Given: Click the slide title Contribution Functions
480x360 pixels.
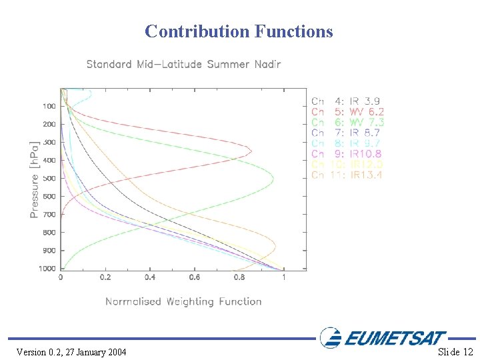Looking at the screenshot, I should point(239,31).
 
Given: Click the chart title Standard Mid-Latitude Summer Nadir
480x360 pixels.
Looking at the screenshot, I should point(183,65).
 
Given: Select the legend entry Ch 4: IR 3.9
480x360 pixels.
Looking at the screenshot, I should point(347,101).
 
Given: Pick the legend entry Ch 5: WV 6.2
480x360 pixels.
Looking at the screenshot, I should point(347,112).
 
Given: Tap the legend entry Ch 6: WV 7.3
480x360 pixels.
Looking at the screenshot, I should point(347,123).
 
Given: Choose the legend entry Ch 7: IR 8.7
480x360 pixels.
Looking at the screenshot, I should point(347,133).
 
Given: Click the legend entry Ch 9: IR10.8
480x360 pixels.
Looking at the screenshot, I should point(347,154).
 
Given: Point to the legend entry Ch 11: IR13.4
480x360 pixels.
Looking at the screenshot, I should point(347,175).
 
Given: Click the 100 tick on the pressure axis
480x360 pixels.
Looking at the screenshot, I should point(49,107).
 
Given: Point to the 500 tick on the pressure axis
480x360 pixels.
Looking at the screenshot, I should point(49,179).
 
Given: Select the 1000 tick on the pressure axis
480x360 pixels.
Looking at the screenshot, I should point(47,269).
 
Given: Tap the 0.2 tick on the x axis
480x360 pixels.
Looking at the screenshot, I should point(105,277).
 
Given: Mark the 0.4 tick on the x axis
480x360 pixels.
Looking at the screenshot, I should point(150,277).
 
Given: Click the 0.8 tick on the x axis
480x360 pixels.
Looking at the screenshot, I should point(239,277).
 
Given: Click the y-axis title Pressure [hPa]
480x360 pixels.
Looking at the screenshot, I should point(34,179).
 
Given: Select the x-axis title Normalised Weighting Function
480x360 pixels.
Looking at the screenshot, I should point(183,301).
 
